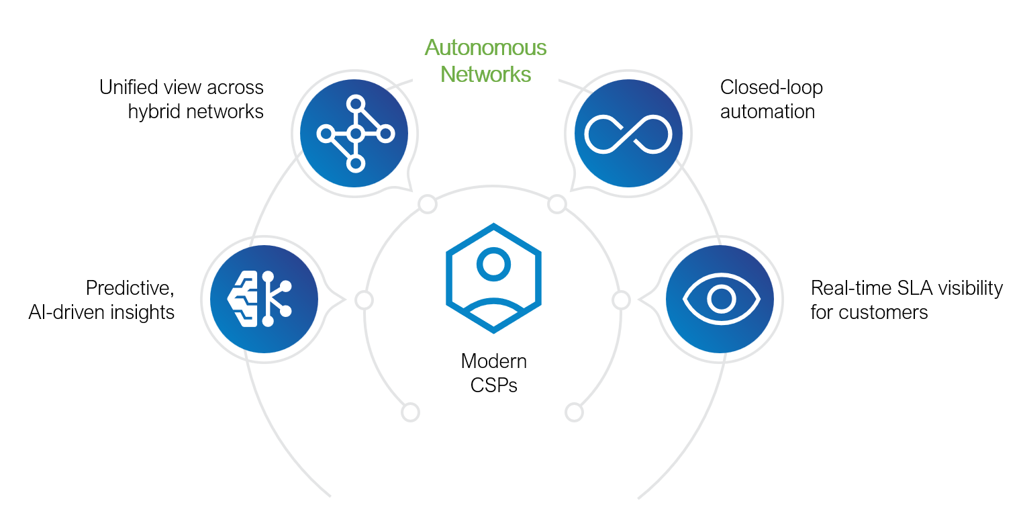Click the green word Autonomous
(x=485, y=48)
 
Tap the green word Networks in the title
(x=485, y=74)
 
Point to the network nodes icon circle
(x=354, y=134)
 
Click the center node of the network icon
(x=356, y=134)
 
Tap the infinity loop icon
(x=628, y=134)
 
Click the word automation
(x=767, y=111)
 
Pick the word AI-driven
(x=66, y=312)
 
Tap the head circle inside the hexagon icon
(x=493, y=265)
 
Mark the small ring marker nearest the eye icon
(x=622, y=300)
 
